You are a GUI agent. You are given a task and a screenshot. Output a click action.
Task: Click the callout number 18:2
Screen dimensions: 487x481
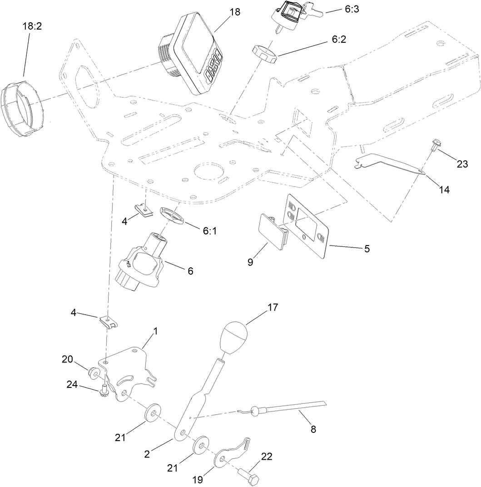click(x=32, y=27)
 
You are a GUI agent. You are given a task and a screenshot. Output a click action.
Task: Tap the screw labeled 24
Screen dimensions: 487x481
click(x=104, y=389)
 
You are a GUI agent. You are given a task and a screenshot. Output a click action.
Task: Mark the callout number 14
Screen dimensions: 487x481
click(x=444, y=189)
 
